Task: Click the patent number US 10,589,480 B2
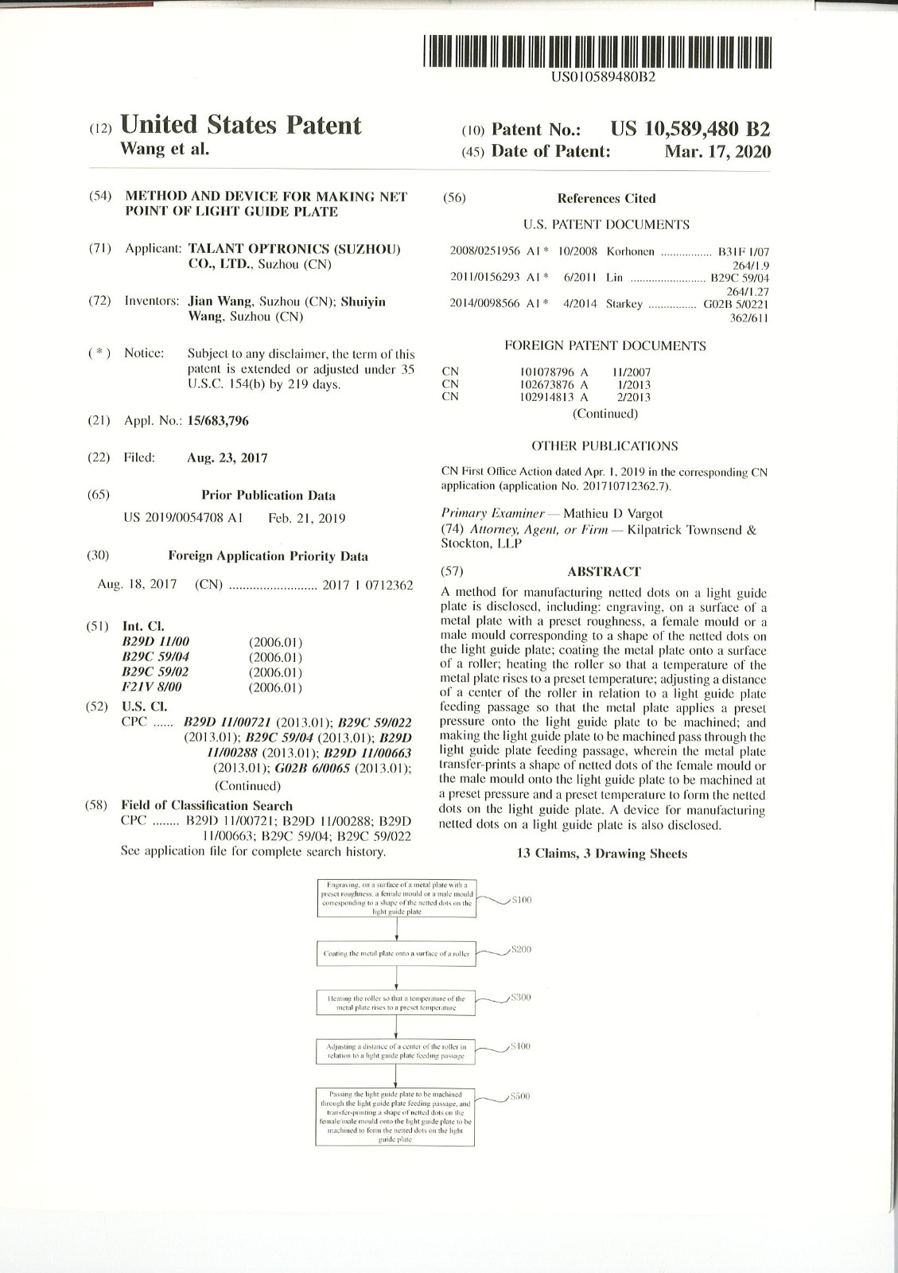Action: pos(690,130)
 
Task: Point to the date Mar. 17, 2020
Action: pos(717,151)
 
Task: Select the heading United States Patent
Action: pos(240,126)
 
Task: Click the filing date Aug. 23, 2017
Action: pos(227,457)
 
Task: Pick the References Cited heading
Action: pos(606,199)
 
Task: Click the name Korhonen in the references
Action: pos(630,251)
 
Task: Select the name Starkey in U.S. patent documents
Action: pos(624,303)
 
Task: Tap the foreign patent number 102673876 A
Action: pos(554,384)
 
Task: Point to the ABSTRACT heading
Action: pos(604,571)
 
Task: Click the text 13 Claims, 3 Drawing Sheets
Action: pos(602,854)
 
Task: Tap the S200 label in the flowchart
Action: pos(520,950)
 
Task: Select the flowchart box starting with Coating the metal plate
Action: pos(396,953)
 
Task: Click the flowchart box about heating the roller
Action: pos(396,1002)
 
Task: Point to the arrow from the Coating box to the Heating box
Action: pos(396,978)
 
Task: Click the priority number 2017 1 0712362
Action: pos(367,585)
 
